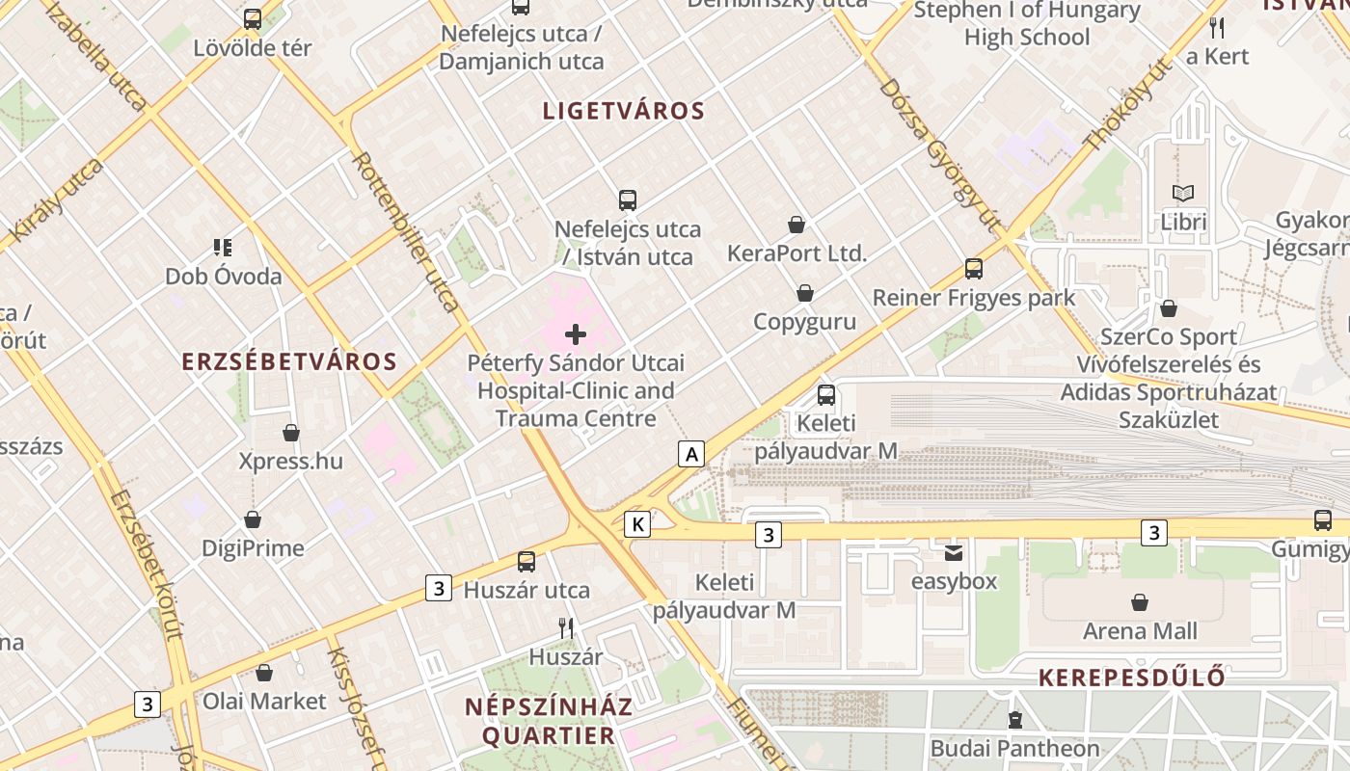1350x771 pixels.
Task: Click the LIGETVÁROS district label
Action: pyautogui.click(x=624, y=111)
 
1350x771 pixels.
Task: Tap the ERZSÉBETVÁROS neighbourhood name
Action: pyautogui.click(x=289, y=362)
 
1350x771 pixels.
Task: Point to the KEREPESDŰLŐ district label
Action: pyautogui.click(x=1132, y=678)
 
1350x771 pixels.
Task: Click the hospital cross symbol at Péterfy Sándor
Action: pyautogui.click(x=576, y=334)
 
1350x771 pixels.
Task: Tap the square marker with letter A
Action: pyautogui.click(x=690, y=453)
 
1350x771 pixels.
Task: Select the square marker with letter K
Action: pyautogui.click(x=637, y=524)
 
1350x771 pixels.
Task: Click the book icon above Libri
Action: pyautogui.click(x=1183, y=194)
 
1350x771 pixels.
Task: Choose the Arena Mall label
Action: pyautogui.click(x=1140, y=631)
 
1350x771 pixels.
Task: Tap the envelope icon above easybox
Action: pyautogui.click(x=954, y=553)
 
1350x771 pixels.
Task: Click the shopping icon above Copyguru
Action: pyautogui.click(x=805, y=293)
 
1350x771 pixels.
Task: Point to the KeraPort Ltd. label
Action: pyautogui.click(x=797, y=254)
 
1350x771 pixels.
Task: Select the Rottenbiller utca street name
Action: pyautogui.click(x=406, y=231)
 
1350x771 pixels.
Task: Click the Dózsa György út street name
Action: pyautogui.click(x=940, y=154)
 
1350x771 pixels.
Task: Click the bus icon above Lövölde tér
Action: pyautogui.click(x=253, y=18)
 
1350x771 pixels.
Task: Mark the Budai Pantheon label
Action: pyautogui.click(x=1014, y=748)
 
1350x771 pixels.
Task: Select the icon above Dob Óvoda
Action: pyautogui.click(x=223, y=248)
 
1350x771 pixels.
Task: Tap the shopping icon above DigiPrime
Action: pyautogui.click(x=253, y=520)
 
